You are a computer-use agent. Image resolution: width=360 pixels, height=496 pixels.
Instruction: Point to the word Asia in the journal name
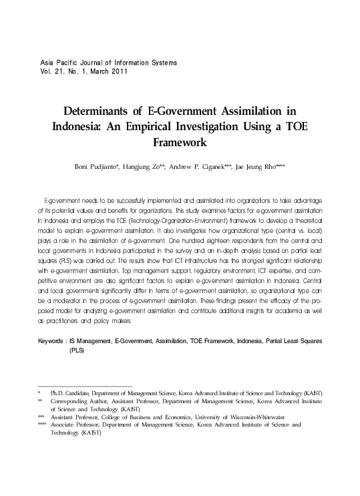click(x=49, y=62)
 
